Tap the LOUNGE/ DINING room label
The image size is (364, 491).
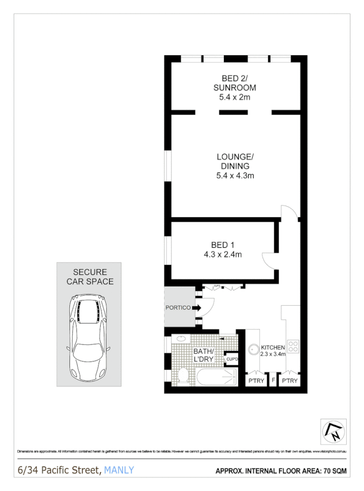[x=234, y=166]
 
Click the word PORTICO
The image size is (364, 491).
[x=178, y=307]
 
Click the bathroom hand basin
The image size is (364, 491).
[x=180, y=338]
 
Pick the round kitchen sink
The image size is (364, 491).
[x=253, y=349]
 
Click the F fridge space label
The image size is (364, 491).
[x=273, y=382]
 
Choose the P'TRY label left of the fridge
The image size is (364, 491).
[x=256, y=382]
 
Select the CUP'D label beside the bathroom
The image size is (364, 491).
[x=232, y=360]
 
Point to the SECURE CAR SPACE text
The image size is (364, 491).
[x=89, y=277]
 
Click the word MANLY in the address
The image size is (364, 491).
[x=119, y=471]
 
